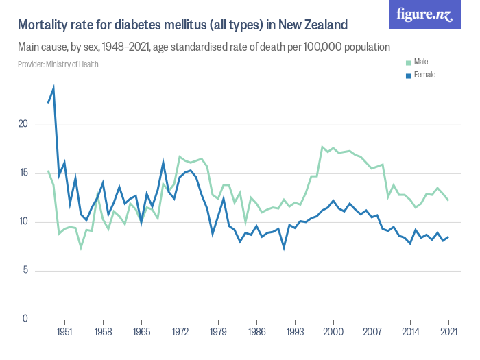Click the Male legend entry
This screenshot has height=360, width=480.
(x=420, y=62)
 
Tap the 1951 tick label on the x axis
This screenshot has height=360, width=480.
(x=64, y=331)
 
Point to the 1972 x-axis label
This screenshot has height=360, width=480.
(x=180, y=331)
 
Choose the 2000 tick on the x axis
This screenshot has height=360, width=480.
(x=333, y=331)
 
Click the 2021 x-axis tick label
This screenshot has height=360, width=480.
(x=448, y=331)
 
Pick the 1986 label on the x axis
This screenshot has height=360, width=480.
(x=256, y=331)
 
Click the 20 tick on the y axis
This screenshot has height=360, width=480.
(x=23, y=125)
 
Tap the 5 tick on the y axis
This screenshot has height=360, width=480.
(x=25, y=270)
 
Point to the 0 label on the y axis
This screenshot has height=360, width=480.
(x=25, y=319)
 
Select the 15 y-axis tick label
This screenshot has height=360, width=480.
(x=23, y=173)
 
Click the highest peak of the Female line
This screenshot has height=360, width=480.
(x=53, y=88)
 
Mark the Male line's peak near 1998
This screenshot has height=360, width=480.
(x=322, y=147)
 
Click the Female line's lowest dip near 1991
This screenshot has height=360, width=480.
(x=284, y=247)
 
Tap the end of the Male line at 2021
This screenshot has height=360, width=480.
(x=448, y=200)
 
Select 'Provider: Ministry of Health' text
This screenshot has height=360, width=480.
(x=58, y=64)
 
